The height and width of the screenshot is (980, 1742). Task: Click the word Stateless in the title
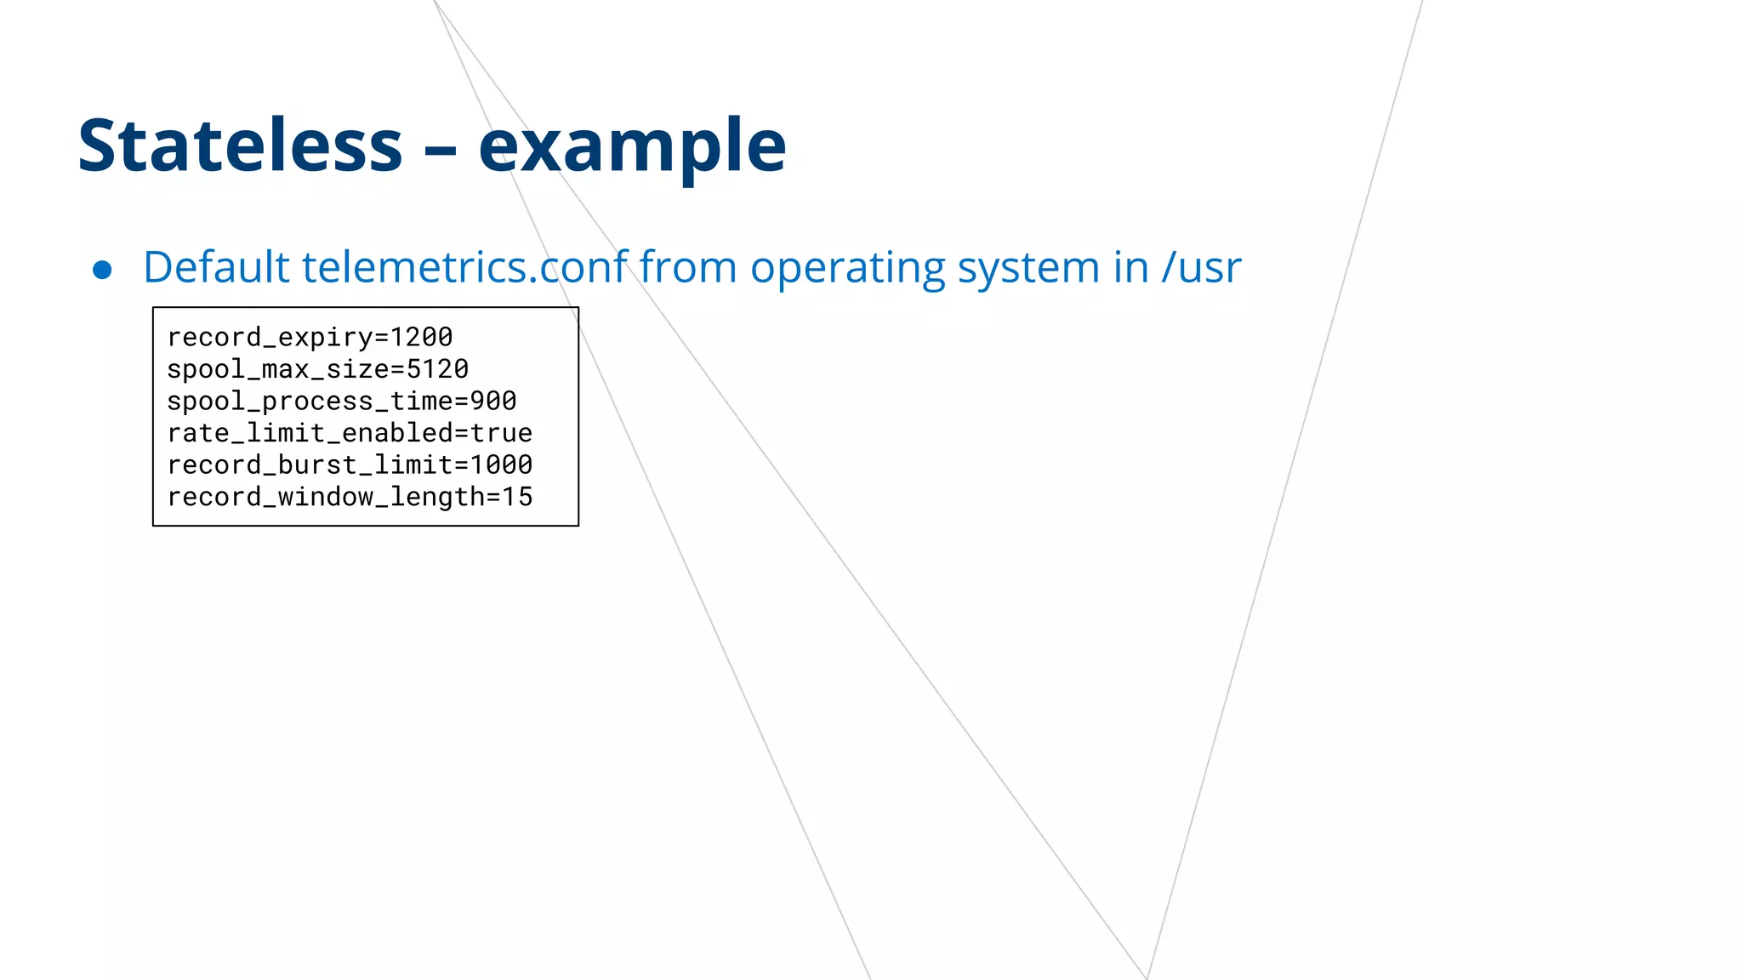tap(240, 145)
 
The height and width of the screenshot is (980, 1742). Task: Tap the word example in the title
tap(632, 145)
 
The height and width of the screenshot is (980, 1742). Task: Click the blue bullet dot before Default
tap(102, 270)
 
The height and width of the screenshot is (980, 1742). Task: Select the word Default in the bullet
tap(216, 267)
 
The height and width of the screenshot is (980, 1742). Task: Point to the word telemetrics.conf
tap(465, 267)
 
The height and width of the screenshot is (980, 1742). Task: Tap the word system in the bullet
tap(1028, 267)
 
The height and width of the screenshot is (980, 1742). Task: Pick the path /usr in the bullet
tap(1201, 267)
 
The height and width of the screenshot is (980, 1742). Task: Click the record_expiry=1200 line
tap(310, 337)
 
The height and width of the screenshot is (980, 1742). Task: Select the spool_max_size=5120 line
tap(317, 369)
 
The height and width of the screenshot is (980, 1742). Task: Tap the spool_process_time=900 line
tap(341, 401)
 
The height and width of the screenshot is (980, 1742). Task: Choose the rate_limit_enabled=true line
tap(350, 433)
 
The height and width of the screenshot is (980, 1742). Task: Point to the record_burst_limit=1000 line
tap(350, 464)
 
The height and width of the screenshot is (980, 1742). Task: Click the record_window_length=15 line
tap(350, 497)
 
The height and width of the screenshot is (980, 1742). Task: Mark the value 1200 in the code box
tap(421, 337)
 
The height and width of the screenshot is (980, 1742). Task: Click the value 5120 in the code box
tap(437, 369)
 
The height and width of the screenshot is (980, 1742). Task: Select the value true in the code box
tap(501, 433)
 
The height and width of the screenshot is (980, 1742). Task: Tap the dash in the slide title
tap(441, 150)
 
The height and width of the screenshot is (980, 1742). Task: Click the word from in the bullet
tap(687, 267)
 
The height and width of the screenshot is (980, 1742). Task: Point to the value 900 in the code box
tap(493, 401)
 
